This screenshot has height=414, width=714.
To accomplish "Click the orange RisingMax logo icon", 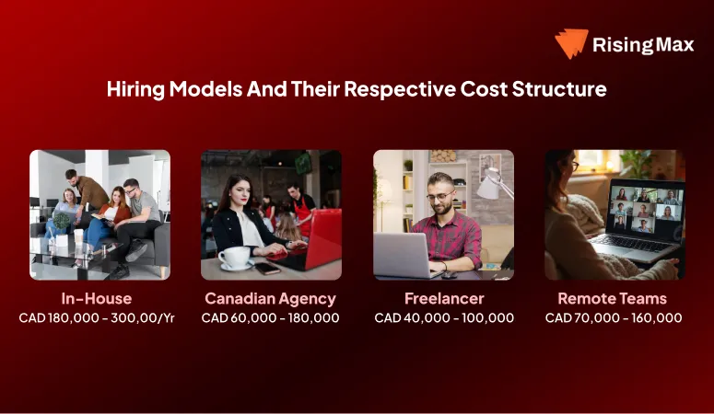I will click(571, 43).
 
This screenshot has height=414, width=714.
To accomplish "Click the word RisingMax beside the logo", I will click(642, 43).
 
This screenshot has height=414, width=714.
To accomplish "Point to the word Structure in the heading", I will click(562, 89).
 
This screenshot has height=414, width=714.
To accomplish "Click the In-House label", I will click(98, 298).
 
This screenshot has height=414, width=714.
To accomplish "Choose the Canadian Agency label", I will click(270, 298).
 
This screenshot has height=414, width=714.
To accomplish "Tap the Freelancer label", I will click(444, 298).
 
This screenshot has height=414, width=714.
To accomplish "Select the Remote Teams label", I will click(613, 298).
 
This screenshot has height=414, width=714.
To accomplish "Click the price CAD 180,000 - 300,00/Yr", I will click(98, 318).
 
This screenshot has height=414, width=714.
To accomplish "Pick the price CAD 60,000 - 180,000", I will click(271, 318).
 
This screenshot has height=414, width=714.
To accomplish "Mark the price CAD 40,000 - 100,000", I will click(444, 318).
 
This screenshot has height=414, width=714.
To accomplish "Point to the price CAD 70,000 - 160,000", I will click(614, 318).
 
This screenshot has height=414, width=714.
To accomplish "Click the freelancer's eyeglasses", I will click(440, 196).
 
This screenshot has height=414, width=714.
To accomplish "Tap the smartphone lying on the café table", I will click(267, 268).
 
